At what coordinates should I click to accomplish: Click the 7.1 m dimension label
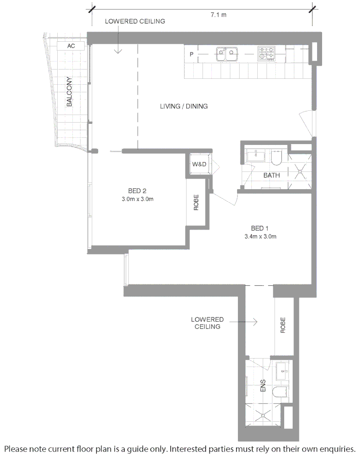coord(218,15)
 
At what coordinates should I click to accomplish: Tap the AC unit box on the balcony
coord(71,46)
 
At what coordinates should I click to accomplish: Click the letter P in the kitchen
coord(191,54)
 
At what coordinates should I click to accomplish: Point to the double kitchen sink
coord(227,54)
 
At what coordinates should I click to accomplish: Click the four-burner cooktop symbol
coord(267,54)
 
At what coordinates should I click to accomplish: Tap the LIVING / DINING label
coord(184,106)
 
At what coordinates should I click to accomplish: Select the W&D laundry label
coord(199,164)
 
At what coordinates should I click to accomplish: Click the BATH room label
coord(272,175)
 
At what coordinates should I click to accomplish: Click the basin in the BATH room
coord(256,156)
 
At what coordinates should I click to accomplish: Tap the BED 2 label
coord(137,190)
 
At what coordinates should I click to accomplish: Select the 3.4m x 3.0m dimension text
coord(260,236)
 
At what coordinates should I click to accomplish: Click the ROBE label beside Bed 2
coord(196,203)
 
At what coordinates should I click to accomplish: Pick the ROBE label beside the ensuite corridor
coord(283,325)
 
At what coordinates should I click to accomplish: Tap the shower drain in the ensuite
coord(263,415)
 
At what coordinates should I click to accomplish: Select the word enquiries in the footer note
coord(337,447)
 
